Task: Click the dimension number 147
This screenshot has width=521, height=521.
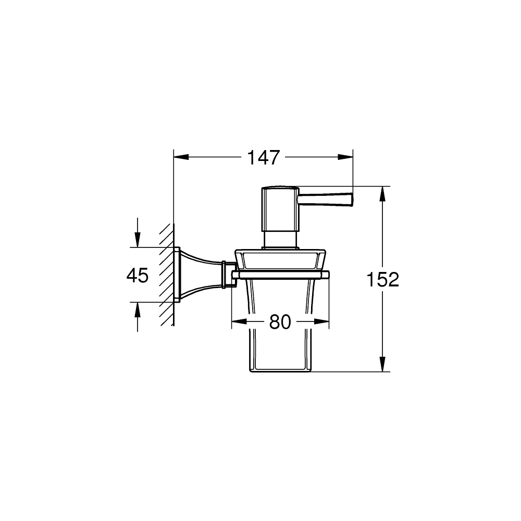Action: click(x=263, y=157)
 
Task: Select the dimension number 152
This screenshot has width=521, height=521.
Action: click(x=382, y=280)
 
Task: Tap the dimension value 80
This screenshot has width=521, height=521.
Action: click(x=280, y=322)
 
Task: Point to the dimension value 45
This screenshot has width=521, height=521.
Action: click(x=138, y=275)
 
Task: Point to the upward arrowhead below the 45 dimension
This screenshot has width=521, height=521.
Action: click(x=137, y=308)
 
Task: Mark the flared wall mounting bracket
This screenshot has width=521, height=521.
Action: click(x=201, y=275)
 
